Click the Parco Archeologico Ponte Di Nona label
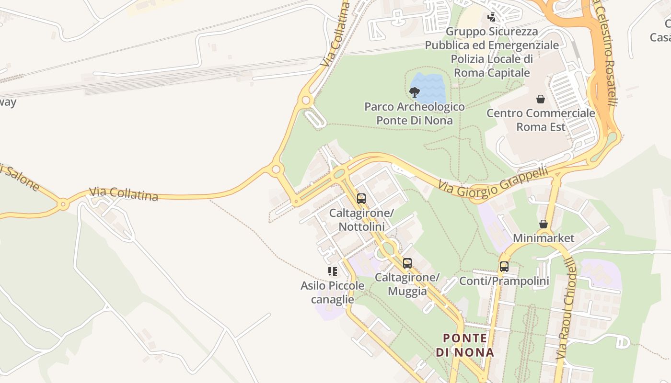[x=415, y=113]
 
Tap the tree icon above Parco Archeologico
[x=415, y=92]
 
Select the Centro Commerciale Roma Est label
[x=541, y=120]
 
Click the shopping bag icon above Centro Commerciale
[x=541, y=99]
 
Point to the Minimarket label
[x=544, y=238]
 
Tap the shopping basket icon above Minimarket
[x=544, y=224]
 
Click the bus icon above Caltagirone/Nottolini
[x=361, y=198]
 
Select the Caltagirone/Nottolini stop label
[x=361, y=219]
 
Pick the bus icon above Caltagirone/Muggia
[x=407, y=263]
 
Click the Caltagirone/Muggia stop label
[x=407, y=284]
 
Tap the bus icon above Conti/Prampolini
[x=504, y=267]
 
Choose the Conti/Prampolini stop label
[x=504, y=281]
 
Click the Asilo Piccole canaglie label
[x=333, y=293]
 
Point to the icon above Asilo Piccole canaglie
[x=333, y=271]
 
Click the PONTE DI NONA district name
[x=465, y=345]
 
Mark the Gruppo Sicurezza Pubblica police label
[x=492, y=52]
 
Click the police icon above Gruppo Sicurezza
[x=491, y=18]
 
